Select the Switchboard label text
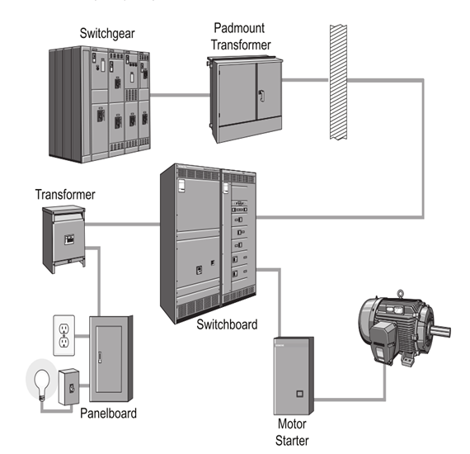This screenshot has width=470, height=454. [227, 324]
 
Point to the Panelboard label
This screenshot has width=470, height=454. [108, 413]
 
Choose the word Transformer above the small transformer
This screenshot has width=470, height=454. [65, 195]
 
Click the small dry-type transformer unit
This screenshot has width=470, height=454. [65, 240]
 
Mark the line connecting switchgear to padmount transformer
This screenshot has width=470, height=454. [179, 95]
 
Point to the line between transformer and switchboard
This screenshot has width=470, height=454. [124, 224]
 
